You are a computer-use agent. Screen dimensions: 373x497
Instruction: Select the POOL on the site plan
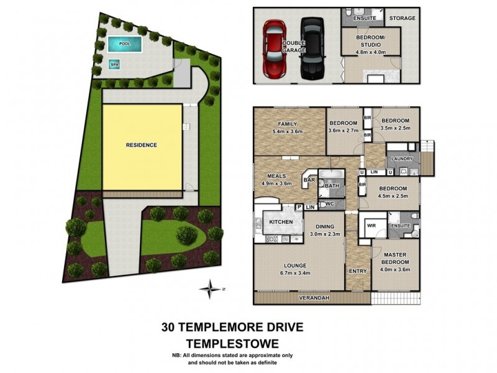pos(124,44)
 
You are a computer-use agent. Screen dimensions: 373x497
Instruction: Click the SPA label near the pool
pos(114,64)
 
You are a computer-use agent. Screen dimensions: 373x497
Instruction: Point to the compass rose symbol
pos(212,288)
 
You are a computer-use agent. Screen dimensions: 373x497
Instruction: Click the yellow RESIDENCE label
pos(142,145)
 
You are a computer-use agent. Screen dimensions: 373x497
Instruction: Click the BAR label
pos(308,181)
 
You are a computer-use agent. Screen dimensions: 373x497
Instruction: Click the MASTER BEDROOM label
pos(394,258)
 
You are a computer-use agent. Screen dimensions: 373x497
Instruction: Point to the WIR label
pos(372,225)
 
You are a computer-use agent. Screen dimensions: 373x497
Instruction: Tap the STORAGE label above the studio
pos(402,18)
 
